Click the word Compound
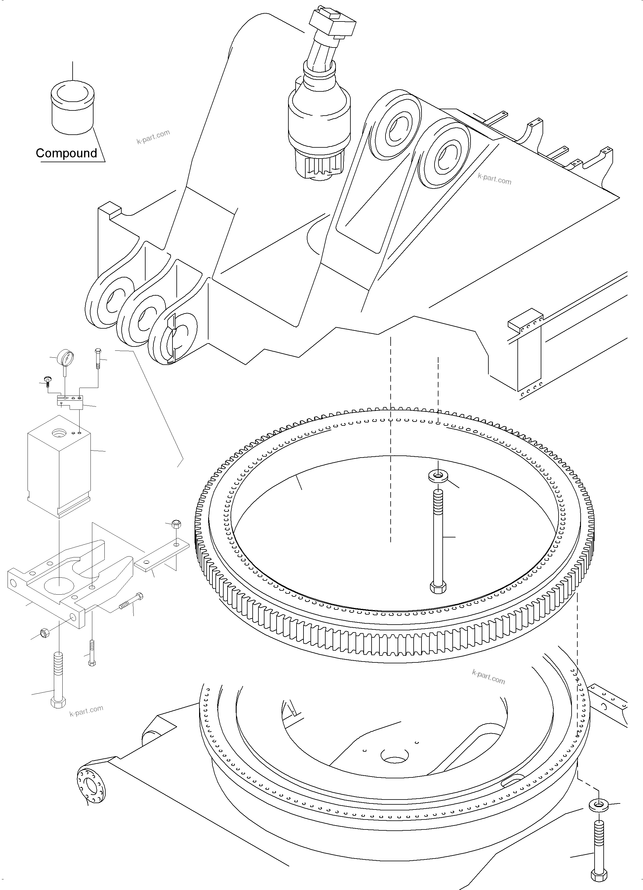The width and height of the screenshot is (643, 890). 66,153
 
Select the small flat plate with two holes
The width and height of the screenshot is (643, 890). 162,557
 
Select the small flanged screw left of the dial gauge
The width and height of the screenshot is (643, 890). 48,380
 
